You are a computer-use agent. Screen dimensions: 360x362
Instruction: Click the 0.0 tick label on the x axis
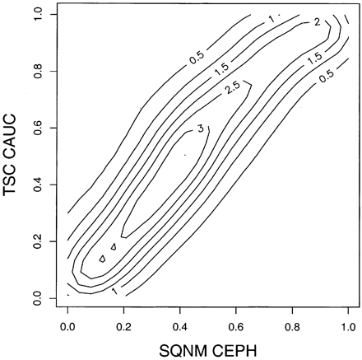click(67, 324)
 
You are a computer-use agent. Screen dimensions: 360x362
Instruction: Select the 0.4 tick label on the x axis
click(180, 324)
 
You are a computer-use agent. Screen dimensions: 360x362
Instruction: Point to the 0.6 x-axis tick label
click(236, 324)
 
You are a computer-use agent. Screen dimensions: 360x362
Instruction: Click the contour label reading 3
click(201, 129)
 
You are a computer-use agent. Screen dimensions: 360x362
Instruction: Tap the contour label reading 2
click(317, 22)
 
